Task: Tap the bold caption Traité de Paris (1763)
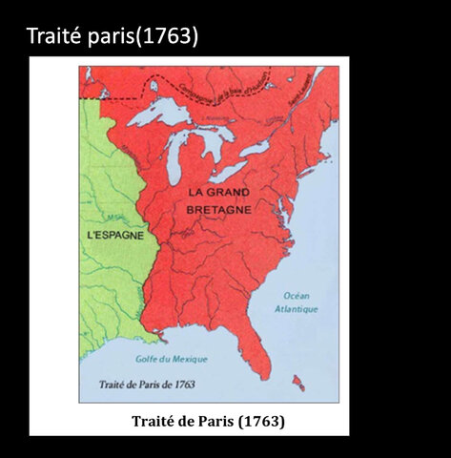[207, 420]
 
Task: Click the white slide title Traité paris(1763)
[113, 37]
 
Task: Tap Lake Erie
[229, 172]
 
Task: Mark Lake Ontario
[255, 149]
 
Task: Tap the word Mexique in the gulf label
[187, 360]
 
